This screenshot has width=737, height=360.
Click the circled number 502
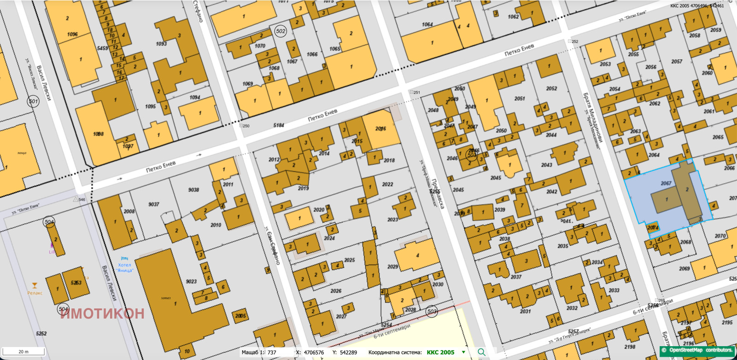point(281,31)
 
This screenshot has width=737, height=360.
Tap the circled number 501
point(33,101)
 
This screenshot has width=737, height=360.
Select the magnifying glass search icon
point(481,352)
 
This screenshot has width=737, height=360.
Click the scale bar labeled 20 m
point(23,352)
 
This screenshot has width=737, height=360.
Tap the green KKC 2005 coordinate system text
point(440,353)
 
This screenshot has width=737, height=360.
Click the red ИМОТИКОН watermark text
point(102,314)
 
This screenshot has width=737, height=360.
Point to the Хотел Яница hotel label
point(124,267)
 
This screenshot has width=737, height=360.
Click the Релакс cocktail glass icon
point(34,286)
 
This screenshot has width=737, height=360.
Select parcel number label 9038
point(193,190)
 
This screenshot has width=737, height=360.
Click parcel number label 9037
point(153,204)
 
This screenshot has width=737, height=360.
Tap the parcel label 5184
point(279,125)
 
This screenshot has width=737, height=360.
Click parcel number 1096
point(72,35)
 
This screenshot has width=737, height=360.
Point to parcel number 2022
point(387,184)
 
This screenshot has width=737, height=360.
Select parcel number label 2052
point(551,88)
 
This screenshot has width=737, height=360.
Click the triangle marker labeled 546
point(76,199)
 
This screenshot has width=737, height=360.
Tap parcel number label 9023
point(191,281)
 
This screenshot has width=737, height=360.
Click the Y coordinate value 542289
point(348,353)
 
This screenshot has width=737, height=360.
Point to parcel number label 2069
point(684,268)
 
